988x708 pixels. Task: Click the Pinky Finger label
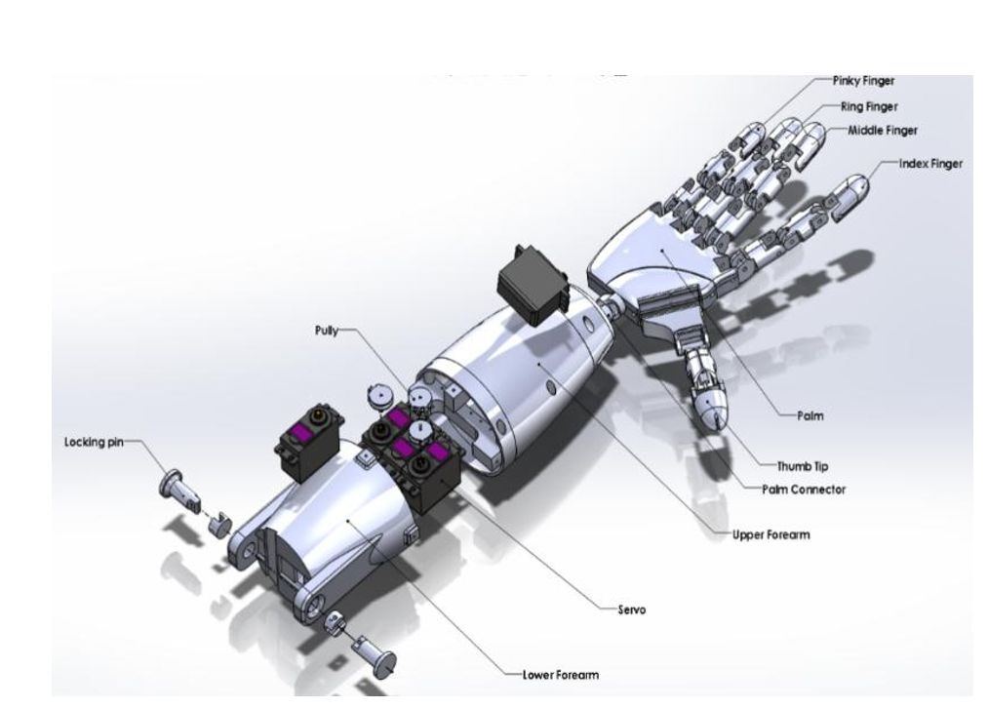click(863, 81)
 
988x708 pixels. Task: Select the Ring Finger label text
click(869, 107)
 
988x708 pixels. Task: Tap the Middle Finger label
click(882, 131)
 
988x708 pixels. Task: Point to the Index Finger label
click(930, 164)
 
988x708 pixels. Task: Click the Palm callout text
click(810, 415)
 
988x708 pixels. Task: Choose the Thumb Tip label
click(802, 467)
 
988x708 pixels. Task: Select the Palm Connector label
click(804, 490)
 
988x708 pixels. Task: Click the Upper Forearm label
click(771, 534)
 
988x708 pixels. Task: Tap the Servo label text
click(631, 610)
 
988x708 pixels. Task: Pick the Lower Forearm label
click(560, 675)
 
